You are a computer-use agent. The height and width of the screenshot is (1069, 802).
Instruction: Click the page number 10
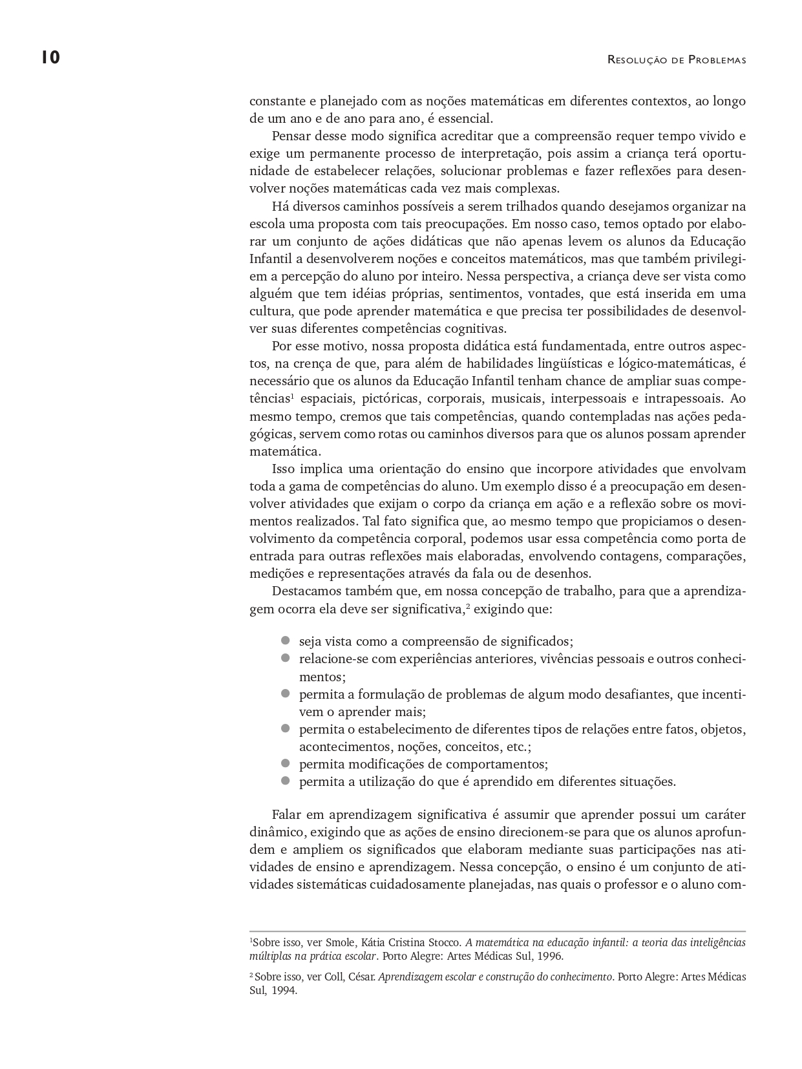click(50, 58)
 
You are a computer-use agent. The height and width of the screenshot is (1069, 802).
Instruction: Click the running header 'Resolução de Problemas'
click(677, 60)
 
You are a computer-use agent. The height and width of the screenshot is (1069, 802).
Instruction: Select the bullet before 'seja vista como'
click(285, 641)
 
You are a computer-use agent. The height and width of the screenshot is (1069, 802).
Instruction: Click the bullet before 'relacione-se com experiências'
click(285, 659)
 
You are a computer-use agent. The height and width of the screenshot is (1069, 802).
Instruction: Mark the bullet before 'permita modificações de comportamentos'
click(285, 763)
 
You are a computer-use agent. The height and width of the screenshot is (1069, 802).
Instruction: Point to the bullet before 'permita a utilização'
click(285, 781)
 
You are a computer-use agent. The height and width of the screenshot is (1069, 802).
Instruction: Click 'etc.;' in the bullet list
click(519, 746)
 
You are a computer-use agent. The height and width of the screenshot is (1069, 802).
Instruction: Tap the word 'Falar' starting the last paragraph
click(287, 814)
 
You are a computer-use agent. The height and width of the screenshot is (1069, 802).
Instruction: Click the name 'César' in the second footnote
click(362, 977)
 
